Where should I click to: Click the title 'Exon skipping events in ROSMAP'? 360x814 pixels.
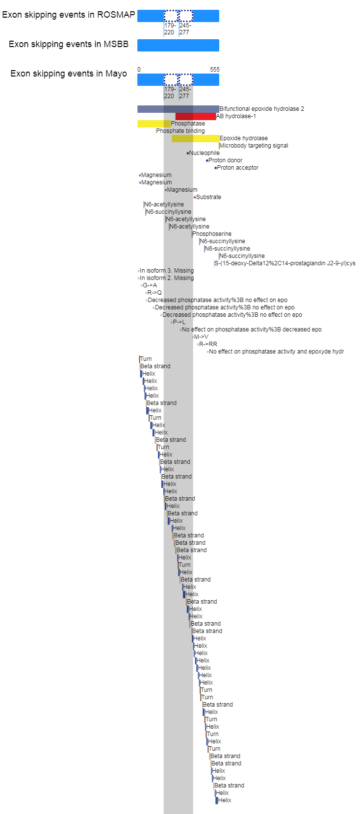pos(68,15)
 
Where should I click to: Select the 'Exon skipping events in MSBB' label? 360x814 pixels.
pos(68,44)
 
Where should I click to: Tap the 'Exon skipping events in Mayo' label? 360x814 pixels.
pos(68,74)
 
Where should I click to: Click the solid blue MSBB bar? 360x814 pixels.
pos(178,46)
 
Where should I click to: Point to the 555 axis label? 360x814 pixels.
pos(215,70)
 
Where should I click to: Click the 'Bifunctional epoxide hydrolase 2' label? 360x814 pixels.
pos(262,109)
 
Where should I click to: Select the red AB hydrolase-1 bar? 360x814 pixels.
pos(196,116)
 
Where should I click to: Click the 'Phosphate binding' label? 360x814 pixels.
pos(180,131)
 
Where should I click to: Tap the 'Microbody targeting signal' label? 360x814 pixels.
pos(254,146)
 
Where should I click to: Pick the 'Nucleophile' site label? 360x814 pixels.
pos(205,153)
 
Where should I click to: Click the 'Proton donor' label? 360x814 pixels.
pos(226,160)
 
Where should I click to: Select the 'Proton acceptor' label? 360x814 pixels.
pos(238,168)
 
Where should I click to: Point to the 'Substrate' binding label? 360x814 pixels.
pos(209,197)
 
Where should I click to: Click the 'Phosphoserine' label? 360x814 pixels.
pos(212,234)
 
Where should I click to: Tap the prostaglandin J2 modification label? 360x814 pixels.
pos(285,263)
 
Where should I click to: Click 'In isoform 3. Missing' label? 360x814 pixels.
pos(167,271)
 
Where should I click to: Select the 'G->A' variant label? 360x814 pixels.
pos(150,285)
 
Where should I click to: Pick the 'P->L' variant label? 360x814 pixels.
pos(179,322)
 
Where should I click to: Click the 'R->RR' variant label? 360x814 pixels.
pos(208,344)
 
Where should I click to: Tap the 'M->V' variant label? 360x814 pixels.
pos(201,337)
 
